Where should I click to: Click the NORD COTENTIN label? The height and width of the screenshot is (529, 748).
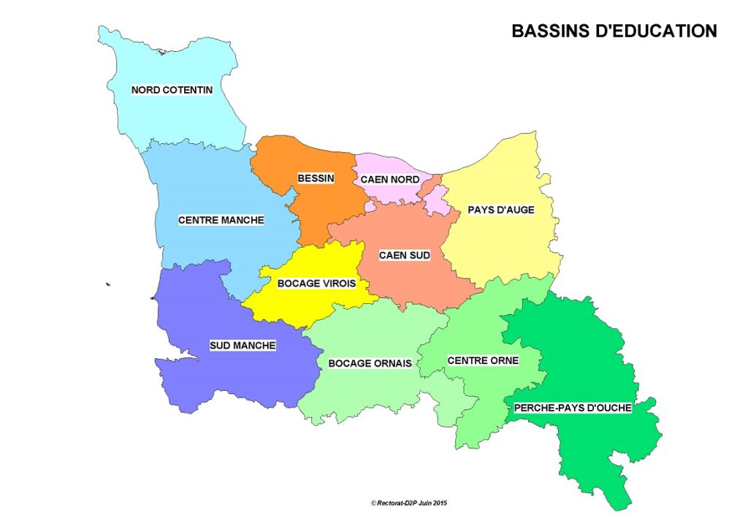pyautogui.click(x=172, y=90)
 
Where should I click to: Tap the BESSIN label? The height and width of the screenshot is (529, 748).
pyautogui.click(x=316, y=178)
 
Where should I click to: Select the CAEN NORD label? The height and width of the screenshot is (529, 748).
pyautogui.click(x=390, y=179)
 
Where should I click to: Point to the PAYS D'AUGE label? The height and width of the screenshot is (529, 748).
pyautogui.click(x=501, y=210)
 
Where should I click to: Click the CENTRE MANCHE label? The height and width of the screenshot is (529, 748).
pyautogui.click(x=221, y=219)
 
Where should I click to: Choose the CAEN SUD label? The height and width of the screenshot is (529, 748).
pyautogui.click(x=404, y=255)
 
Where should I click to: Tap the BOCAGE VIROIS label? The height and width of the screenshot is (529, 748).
pyautogui.click(x=316, y=283)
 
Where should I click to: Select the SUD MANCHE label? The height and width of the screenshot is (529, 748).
pyautogui.click(x=243, y=346)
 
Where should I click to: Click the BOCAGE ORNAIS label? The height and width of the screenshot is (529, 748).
pyautogui.click(x=370, y=363)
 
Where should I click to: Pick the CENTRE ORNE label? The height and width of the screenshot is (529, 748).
pyautogui.click(x=483, y=360)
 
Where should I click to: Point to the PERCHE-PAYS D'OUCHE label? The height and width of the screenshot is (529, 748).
pyautogui.click(x=573, y=408)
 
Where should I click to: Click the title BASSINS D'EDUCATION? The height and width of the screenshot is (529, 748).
pyautogui.click(x=614, y=31)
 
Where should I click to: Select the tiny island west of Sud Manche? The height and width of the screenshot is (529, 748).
pyautogui.click(x=107, y=284)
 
